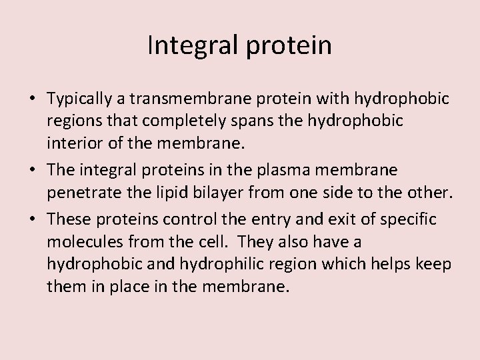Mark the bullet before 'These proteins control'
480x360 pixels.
33,217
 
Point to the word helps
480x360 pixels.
387,264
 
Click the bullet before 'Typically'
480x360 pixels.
33,100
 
